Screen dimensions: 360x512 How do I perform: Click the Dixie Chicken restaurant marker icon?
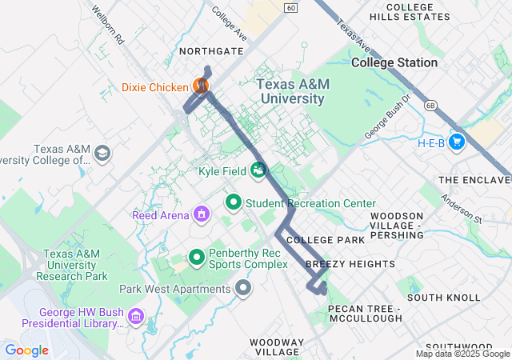[x=201, y=86]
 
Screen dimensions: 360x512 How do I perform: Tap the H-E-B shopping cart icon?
[x=457, y=142]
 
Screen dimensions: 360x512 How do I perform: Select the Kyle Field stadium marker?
[x=258, y=170]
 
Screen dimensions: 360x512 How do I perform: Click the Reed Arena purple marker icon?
[x=201, y=214]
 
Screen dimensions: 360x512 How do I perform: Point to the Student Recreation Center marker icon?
[x=233, y=202]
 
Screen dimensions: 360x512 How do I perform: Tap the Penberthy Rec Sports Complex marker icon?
[x=197, y=258]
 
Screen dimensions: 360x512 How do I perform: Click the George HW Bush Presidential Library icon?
[x=136, y=318]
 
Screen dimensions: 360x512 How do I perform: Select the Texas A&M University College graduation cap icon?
[x=102, y=153]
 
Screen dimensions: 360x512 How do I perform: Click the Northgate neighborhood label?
[x=211, y=50]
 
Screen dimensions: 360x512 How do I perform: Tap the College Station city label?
[x=394, y=62]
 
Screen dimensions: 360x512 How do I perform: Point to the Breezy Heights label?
[x=350, y=264]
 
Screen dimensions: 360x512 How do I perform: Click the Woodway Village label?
[x=277, y=347]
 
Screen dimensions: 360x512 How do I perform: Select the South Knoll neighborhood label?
[x=443, y=298]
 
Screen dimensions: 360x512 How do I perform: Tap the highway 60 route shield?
[x=290, y=8]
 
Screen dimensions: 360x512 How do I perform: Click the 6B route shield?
[x=430, y=105]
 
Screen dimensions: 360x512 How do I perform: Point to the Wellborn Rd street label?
[x=109, y=26]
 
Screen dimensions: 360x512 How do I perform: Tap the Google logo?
[x=26, y=350]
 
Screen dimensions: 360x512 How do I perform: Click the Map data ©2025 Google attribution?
[x=462, y=354]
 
